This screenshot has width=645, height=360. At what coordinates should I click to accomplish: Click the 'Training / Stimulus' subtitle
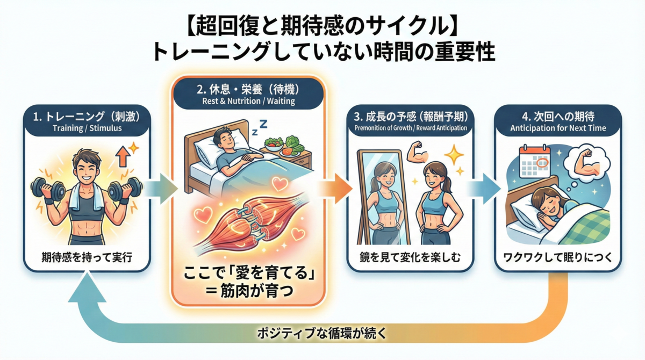(x=87, y=128)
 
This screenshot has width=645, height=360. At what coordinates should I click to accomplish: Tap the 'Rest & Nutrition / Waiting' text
(x=248, y=101)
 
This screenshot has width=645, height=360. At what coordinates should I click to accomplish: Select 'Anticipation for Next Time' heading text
(x=558, y=128)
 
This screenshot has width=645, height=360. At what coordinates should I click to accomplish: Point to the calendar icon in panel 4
(x=534, y=161)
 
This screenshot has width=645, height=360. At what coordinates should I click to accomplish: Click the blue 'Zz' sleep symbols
(x=260, y=127)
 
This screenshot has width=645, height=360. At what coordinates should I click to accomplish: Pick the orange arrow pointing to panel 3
(x=335, y=189)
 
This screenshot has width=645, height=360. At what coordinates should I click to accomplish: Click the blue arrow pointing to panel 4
(x=484, y=189)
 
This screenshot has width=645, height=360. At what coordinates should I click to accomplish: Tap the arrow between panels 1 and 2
(x=161, y=189)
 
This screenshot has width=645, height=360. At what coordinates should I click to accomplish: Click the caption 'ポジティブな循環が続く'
(x=321, y=334)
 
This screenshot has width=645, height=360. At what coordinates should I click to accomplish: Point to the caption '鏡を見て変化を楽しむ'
(x=410, y=257)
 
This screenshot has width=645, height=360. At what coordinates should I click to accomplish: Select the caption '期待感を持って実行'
(x=87, y=257)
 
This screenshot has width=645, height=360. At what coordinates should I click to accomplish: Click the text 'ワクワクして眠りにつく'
(x=558, y=257)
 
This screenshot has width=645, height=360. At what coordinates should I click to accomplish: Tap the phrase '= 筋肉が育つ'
(x=249, y=291)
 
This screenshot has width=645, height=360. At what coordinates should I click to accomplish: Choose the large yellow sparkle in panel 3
(x=454, y=155)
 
